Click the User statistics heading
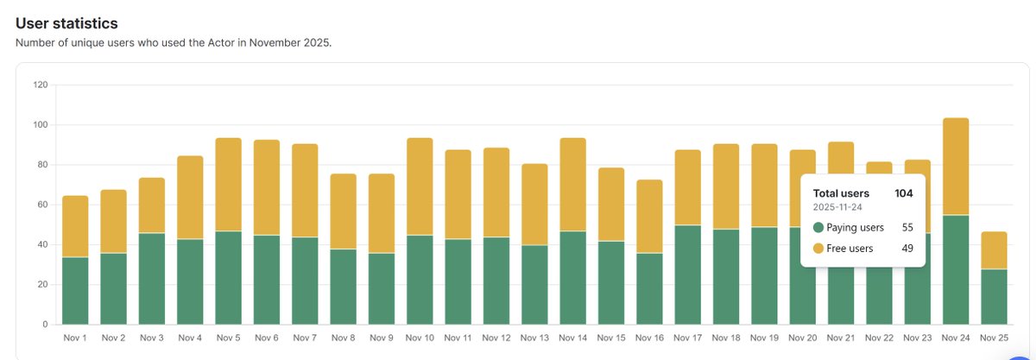[x=66, y=23]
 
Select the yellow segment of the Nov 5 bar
[x=228, y=184]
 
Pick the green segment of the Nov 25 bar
[x=994, y=296]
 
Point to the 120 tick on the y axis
[x=40, y=85]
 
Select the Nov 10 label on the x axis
[x=420, y=338]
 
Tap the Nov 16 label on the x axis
[x=649, y=338]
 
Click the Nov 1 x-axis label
[x=75, y=338]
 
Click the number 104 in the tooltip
[x=904, y=193]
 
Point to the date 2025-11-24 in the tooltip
[x=838, y=208]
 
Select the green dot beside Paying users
[x=818, y=228]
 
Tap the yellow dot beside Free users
[x=818, y=249]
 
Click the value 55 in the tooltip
[x=907, y=228]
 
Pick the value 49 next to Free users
[x=907, y=249]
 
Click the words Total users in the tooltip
[x=841, y=193]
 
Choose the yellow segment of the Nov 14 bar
[x=572, y=184]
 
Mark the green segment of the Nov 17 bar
[x=687, y=275]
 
